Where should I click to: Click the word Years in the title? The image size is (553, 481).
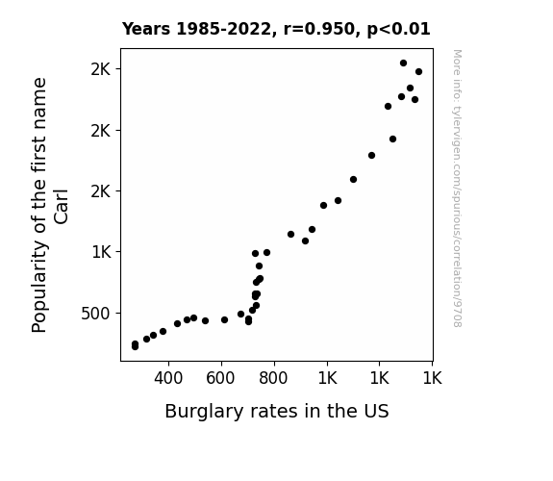click(146, 29)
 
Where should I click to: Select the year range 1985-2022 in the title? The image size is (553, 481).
click(223, 29)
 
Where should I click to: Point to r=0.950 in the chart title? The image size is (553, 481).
click(318, 29)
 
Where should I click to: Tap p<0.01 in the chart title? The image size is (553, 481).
click(398, 30)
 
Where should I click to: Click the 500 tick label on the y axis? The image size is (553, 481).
click(95, 314)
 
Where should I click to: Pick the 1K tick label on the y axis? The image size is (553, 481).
click(101, 252)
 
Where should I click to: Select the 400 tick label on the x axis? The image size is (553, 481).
click(168, 378)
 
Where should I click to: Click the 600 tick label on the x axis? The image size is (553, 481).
click(220, 378)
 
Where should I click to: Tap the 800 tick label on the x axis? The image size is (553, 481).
click(273, 378)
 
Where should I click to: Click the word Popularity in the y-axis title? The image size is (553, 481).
click(39, 287)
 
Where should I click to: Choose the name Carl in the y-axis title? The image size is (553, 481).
click(61, 207)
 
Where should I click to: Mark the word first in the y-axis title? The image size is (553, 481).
click(39, 159)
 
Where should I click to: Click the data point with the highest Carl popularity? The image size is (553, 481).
click(404, 63)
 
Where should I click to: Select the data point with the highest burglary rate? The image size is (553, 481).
click(418, 71)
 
